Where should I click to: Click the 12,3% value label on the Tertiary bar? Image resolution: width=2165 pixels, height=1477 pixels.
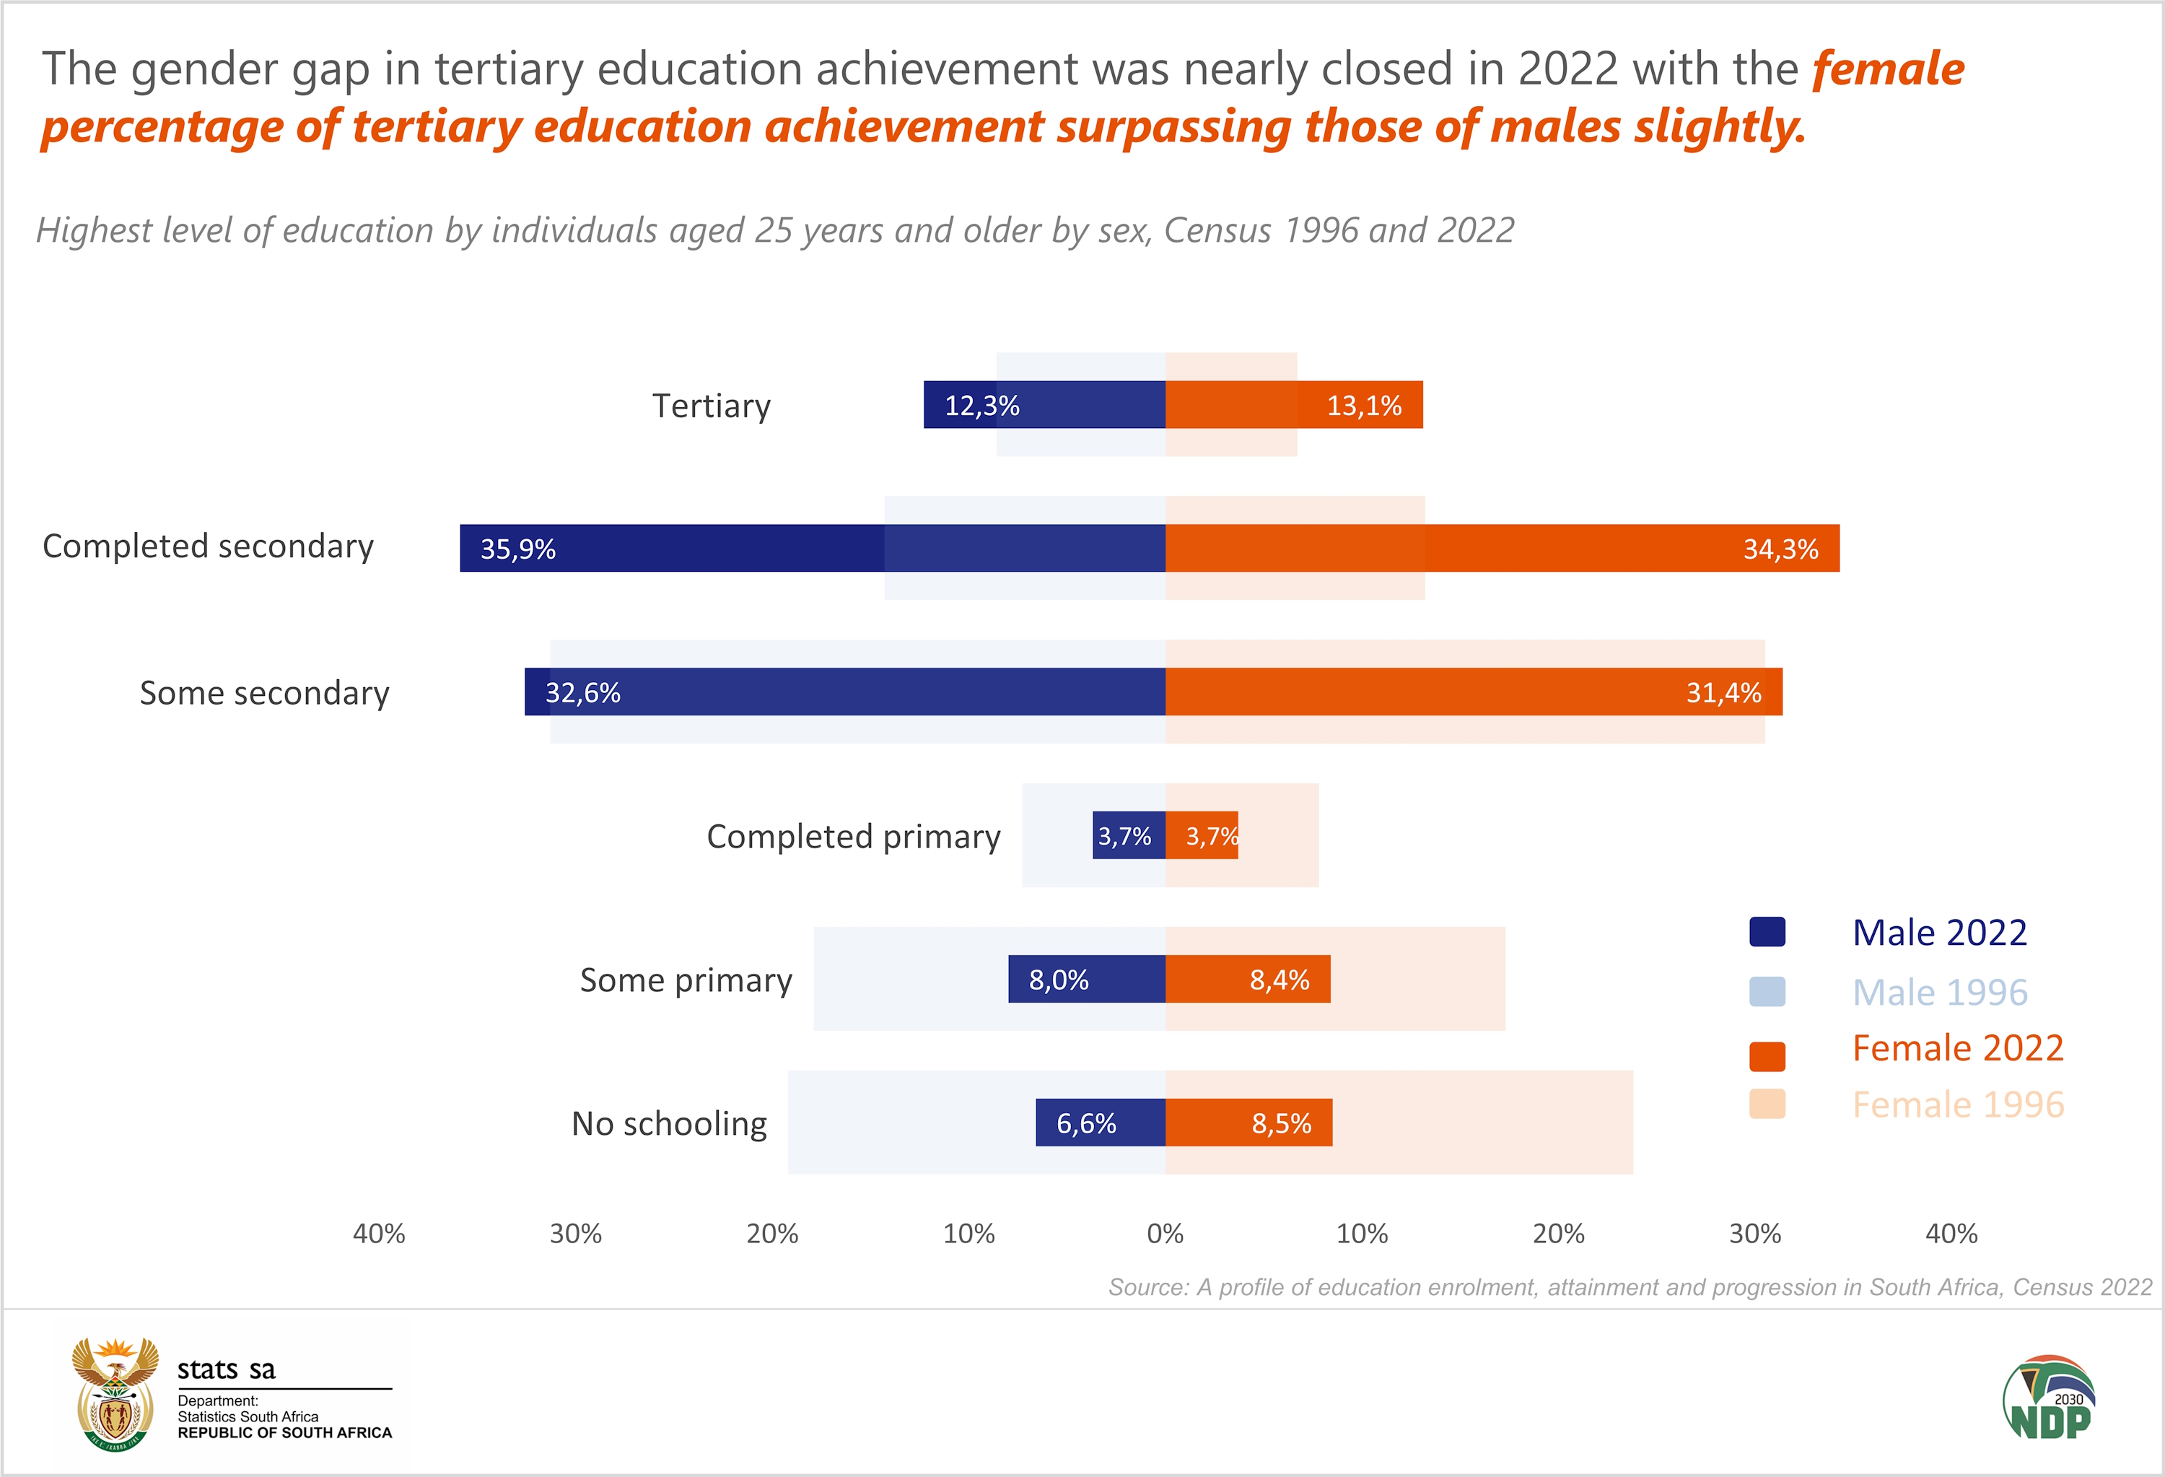click(x=982, y=406)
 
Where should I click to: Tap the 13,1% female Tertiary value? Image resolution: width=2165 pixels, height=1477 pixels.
click(x=1364, y=406)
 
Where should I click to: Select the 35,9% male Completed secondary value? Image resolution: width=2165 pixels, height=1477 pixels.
click(x=518, y=549)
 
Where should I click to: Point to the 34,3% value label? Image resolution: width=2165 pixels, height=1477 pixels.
click(x=1780, y=549)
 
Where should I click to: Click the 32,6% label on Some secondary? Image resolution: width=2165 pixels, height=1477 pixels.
click(x=582, y=692)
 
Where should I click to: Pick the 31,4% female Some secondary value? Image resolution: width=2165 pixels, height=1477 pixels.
click(x=1723, y=692)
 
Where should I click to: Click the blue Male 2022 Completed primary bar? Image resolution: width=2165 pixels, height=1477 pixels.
click(x=1128, y=836)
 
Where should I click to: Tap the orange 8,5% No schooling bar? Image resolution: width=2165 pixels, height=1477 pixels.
click(x=1248, y=1123)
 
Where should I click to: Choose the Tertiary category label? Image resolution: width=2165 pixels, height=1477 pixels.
click(x=711, y=406)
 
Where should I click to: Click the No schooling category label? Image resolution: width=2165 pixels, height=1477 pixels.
click(x=669, y=1124)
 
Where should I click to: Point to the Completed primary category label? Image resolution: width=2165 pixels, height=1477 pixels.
click(x=853, y=837)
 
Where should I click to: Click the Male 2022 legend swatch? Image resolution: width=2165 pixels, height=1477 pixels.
click(x=1767, y=932)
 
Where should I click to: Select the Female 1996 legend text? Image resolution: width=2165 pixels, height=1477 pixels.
click(x=1958, y=1105)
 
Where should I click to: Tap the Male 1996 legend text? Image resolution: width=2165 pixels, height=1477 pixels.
click(x=1940, y=993)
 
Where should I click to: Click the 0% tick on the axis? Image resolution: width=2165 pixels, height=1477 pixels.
click(x=1165, y=1234)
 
